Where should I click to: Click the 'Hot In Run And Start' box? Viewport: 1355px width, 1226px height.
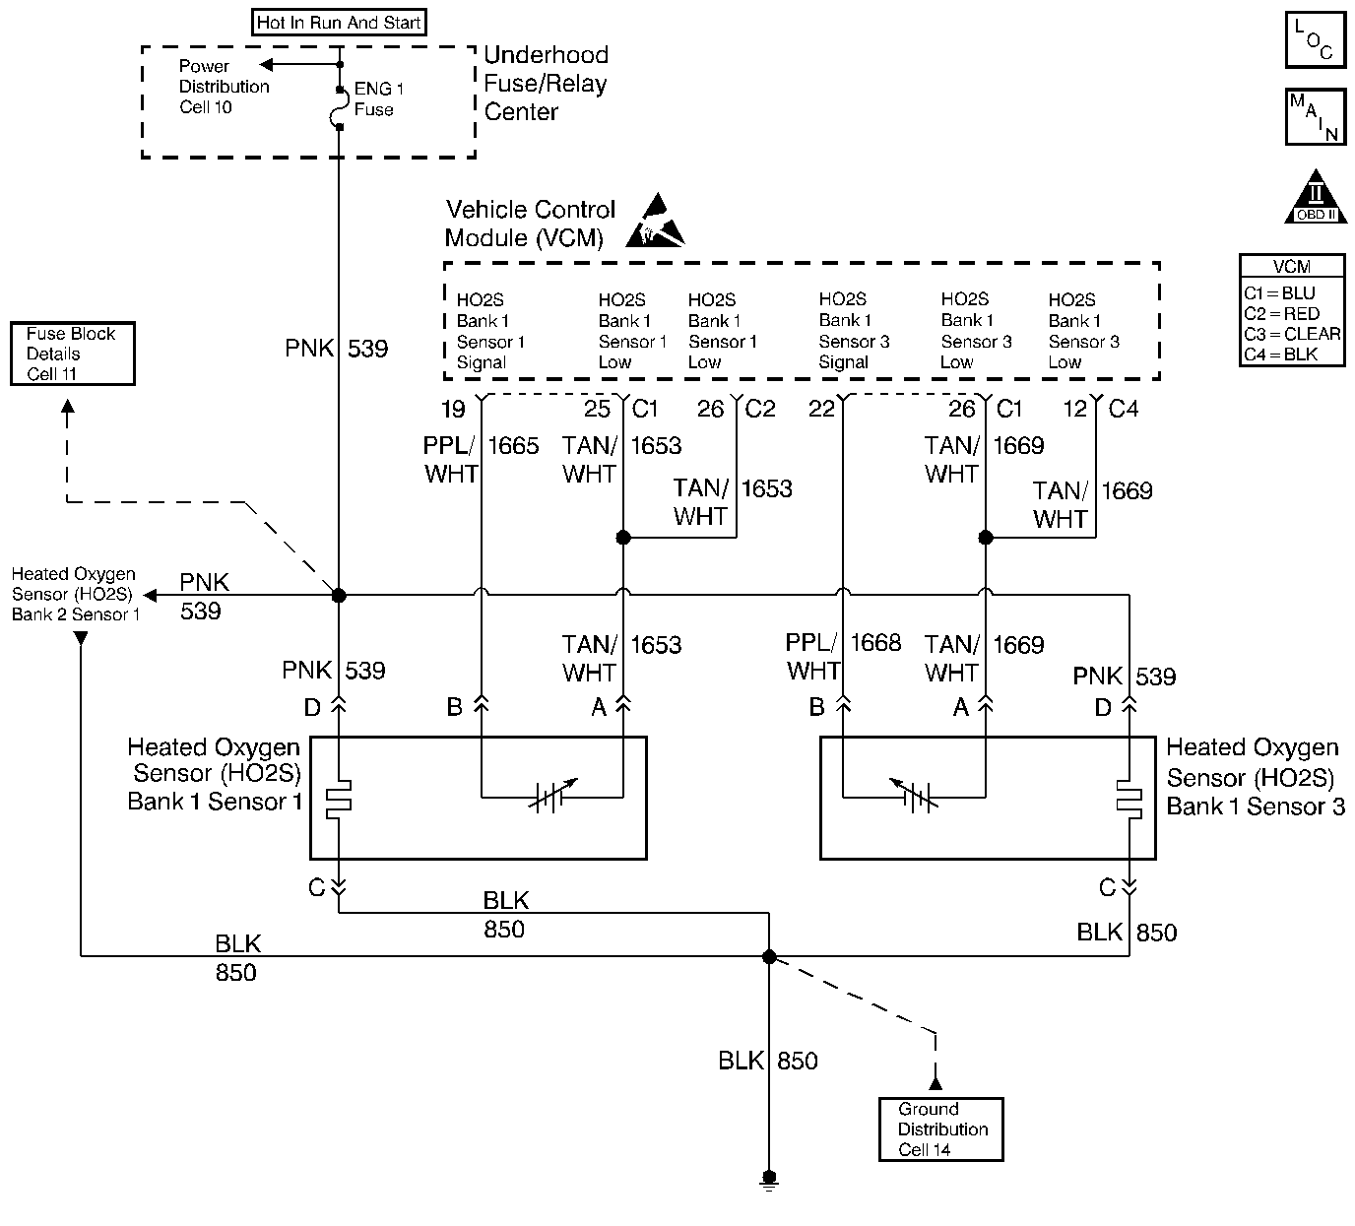point(339,23)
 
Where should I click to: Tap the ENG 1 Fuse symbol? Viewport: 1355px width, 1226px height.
point(339,108)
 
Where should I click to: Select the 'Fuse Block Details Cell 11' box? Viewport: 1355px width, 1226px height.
point(72,354)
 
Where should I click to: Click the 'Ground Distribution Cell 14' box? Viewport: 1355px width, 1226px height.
point(941,1129)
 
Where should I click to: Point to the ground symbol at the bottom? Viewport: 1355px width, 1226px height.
point(770,1180)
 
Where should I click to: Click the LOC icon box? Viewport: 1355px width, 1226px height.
point(1315,40)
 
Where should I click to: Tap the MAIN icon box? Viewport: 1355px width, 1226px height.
point(1315,117)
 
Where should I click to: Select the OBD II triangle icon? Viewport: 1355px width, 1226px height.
point(1316,197)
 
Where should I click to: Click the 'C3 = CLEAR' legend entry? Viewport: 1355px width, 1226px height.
point(1292,334)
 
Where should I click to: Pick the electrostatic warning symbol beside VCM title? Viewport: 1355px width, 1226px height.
point(655,223)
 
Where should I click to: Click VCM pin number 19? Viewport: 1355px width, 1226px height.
point(453,409)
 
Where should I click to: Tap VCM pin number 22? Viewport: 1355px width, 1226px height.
point(821,409)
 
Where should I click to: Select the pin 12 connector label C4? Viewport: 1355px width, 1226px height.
point(1124,408)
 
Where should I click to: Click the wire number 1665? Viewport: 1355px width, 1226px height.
point(513,446)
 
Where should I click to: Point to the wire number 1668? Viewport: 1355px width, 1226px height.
point(875,643)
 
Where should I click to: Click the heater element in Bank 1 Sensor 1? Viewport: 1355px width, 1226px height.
point(339,799)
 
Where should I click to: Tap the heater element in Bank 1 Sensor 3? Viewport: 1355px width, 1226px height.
point(1129,799)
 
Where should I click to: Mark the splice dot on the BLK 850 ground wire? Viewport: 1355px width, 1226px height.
point(770,956)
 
